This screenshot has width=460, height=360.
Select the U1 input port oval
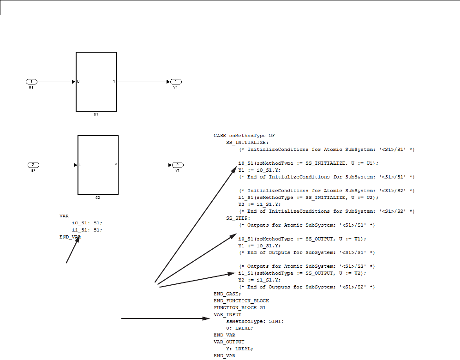click(x=31, y=82)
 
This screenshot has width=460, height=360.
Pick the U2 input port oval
click(x=33, y=165)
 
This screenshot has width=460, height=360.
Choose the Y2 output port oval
click(x=177, y=165)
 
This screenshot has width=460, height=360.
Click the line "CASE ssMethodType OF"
click(x=244, y=136)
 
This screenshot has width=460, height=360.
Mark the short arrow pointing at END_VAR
click(x=73, y=250)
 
